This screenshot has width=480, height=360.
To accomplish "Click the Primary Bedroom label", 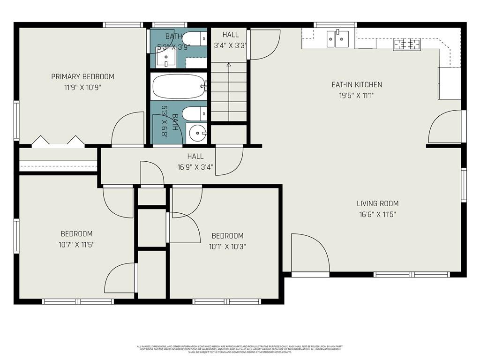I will pos(82,76).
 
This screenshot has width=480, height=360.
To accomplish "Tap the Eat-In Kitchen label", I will pos(357,85).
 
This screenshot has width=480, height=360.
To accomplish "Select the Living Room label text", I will pos(377,203).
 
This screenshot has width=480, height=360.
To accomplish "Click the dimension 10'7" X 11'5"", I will pos(76,244).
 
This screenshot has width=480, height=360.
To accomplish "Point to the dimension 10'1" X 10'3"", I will pos(227,246).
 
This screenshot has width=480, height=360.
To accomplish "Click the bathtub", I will pos(178,86).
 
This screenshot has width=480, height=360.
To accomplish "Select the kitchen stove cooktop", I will pos(406,45).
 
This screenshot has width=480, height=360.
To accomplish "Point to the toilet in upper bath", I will pos(193,38).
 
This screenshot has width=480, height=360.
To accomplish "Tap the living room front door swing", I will pos(308,253).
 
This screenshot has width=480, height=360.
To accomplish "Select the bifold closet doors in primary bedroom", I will pos(58,142).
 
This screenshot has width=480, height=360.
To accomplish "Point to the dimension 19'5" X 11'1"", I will pos(357,95).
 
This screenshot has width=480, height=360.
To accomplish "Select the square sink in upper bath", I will pos(165,58).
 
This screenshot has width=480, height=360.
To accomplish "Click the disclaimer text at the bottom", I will pos(240,349).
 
